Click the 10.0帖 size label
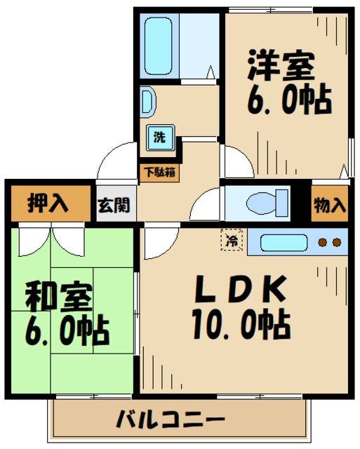[x=240, y=323]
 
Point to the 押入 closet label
[x=48, y=204]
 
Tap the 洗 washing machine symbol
[x=160, y=137]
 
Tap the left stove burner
[x=324, y=243]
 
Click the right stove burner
[x=337, y=243]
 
